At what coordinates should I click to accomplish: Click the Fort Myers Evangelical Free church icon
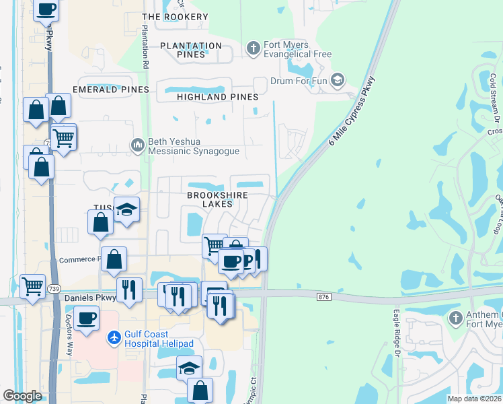coord(254,48)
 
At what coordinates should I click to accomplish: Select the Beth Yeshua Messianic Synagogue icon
coord(138,145)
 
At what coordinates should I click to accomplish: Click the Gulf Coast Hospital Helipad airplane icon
coord(114,337)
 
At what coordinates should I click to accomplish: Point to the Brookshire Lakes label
coord(217,199)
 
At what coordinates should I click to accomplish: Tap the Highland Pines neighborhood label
coord(217,97)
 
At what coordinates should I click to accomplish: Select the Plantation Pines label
coord(191,50)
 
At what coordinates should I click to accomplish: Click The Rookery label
coord(176,16)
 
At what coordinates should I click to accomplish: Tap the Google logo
coord(22,396)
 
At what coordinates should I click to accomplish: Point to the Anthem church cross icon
coord(455,318)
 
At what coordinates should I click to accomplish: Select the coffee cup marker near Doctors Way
coord(87,318)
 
